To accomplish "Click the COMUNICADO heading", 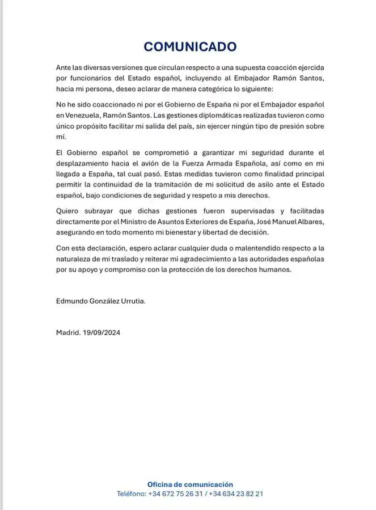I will [x=189, y=46].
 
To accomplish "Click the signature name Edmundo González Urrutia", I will [x=101, y=301].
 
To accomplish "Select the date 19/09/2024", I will [x=103, y=333].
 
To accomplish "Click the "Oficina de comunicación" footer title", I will [x=190, y=484].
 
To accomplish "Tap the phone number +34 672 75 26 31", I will [x=175, y=494].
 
